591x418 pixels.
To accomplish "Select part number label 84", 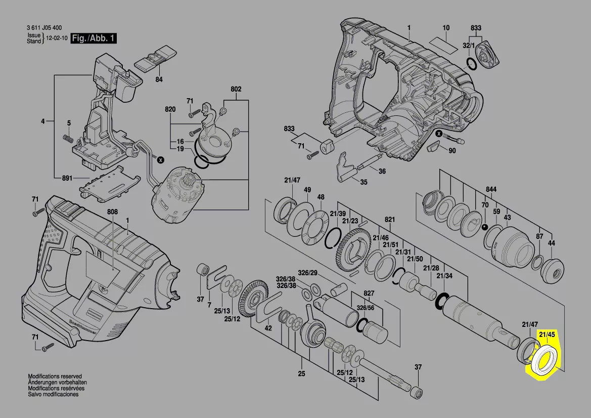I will click(159, 79).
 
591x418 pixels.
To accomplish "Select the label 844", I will click(491, 190).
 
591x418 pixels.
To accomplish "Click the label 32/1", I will click(469, 46).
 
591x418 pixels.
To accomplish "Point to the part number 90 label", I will click(452, 151).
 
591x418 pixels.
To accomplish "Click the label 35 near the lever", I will click(363, 183).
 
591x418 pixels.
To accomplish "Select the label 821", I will click(389, 220).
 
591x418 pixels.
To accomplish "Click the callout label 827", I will click(369, 294).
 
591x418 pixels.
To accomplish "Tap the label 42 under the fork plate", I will click(268, 328).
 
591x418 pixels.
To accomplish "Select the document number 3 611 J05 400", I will click(44, 28).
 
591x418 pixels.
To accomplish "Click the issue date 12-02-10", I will click(56, 38).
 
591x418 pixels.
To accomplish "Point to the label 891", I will click(67, 178).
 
